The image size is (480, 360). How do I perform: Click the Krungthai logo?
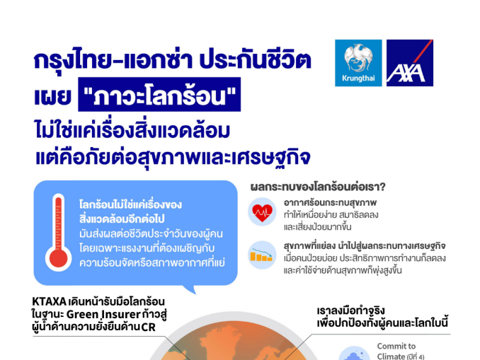(x=358, y=63)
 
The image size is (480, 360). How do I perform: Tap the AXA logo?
(x=410, y=63)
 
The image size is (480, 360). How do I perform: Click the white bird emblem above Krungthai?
(x=358, y=57)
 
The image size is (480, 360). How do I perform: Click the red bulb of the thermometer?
(x=58, y=258)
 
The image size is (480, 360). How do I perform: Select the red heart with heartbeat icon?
(x=262, y=212)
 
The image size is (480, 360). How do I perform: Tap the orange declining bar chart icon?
(x=261, y=255)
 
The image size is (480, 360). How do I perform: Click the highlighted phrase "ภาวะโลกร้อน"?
(x=159, y=95)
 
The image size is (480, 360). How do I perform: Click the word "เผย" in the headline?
(x=52, y=95)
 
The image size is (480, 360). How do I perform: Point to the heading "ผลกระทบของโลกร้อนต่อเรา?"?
(x=318, y=187)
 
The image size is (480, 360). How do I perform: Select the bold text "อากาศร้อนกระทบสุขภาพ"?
(x=330, y=202)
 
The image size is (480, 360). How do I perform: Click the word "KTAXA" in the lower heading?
(x=49, y=302)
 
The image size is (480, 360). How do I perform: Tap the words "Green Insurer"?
(x=103, y=315)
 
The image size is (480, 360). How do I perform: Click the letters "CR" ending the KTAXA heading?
(x=149, y=327)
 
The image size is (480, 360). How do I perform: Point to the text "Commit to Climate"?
(x=396, y=351)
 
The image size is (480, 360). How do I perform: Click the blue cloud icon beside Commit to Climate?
(x=353, y=354)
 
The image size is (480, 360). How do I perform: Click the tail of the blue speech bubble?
(x=190, y=289)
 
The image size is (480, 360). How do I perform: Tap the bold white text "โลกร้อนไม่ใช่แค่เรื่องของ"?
(x=130, y=204)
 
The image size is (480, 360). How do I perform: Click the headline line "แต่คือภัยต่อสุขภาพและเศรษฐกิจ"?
(x=173, y=157)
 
